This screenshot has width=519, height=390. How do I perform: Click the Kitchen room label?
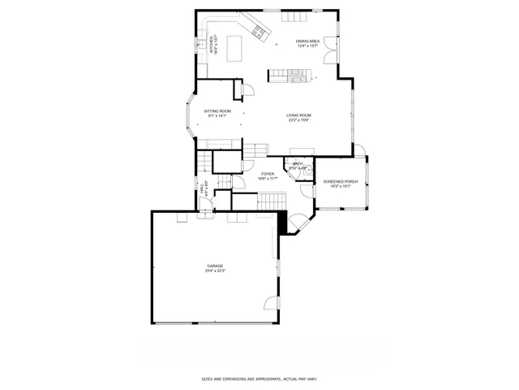[212, 42]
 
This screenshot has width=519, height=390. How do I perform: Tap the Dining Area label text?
[307, 41]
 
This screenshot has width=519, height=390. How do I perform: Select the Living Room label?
[298, 115]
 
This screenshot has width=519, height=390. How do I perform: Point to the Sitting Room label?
[217, 110]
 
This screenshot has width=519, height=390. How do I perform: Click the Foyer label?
[268, 173]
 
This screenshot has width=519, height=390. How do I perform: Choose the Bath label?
[298, 163]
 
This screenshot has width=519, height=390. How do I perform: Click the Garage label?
[214, 266]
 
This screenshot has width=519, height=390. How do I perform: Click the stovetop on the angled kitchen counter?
[259, 32]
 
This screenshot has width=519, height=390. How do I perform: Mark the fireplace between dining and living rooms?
[290, 75]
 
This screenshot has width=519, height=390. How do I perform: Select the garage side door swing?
[269, 305]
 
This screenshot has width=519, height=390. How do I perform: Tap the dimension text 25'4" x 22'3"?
[214, 271]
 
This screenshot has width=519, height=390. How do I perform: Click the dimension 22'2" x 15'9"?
[298, 120]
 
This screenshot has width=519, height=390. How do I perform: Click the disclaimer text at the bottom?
[259, 379]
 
